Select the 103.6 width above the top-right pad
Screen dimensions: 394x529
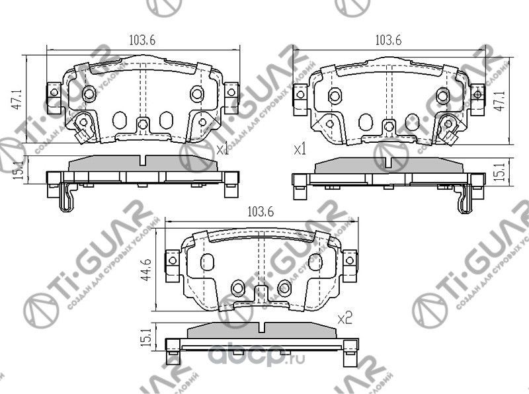pyautogui.click(x=389, y=40)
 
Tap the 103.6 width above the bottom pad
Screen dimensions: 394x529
pyautogui.click(x=260, y=212)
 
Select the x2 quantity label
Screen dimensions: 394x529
pyautogui.click(x=343, y=319)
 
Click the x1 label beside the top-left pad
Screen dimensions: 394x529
pyautogui.click(x=223, y=150)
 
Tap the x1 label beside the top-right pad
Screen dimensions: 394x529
pyautogui.click(x=300, y=150)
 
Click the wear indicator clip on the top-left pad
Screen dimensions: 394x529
pyautogui.click(x=83, y=126)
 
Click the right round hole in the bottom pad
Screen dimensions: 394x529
pyautogui.click(x=284, y=287)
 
